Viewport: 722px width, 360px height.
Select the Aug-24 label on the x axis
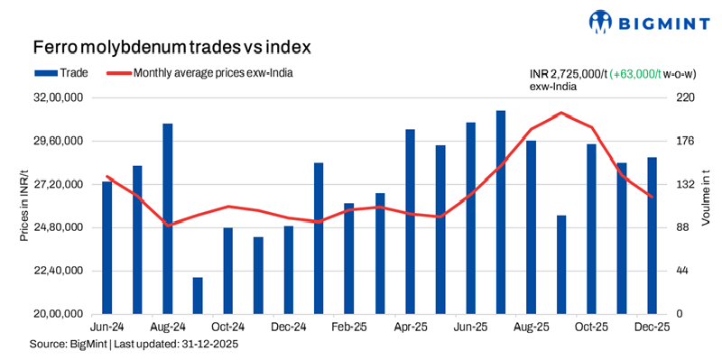click(167, 327)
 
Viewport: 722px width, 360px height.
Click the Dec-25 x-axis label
click(652, 327)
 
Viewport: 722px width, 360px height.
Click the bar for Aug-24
click(167, 218)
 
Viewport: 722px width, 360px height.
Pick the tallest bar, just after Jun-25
click(500, 212)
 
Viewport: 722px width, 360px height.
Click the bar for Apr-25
click(410, 221)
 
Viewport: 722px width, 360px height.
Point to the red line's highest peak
click(560, 113)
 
